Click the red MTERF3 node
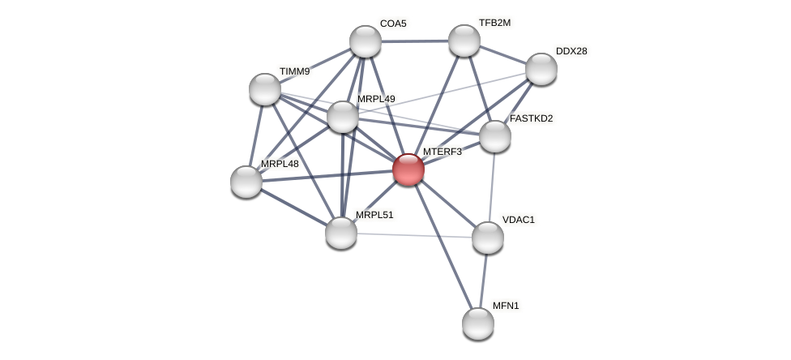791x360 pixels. click(x=408, y=169)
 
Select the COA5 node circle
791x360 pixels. click(x=366, y=41)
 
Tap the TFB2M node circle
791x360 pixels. click(x=464, y=41)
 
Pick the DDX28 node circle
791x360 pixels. click(x=541, y=69)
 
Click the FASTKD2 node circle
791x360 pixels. click(x=495, y=136)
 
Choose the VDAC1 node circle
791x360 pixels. click(x=488, y=238)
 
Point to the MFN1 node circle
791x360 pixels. click(x=478, y=324)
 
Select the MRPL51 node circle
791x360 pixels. click(x=341, y=233)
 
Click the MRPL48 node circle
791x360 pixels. click(x=246, y=182)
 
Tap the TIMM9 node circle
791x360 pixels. click(x=265, y=89)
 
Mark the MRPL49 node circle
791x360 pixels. click(x=343, y=117)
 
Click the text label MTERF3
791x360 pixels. click(x=442, y=152)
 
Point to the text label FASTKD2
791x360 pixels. click(x=531, y=118)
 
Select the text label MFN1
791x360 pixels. click(x=506, y=306)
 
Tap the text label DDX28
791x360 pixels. click(x=571, y=51)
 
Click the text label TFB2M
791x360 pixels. click(x=494, y=23)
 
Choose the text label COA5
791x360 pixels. click(x=393, y=24)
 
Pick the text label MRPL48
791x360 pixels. click(x=280, y=164)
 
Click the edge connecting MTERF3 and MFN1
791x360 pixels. click(x=443, y=246)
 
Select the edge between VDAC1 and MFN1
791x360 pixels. click(x=483, y=281)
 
